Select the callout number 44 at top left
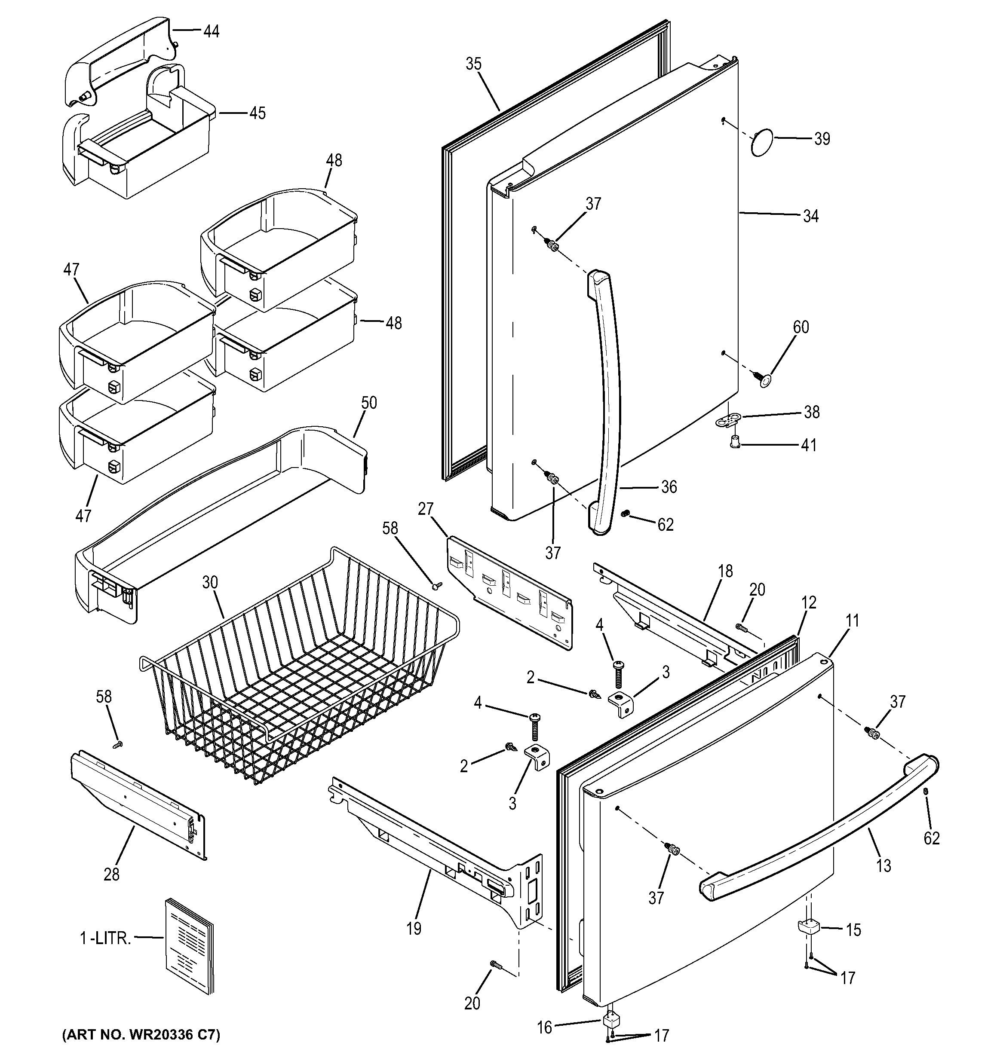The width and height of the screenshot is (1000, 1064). [211, 31]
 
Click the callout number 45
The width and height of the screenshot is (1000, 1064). [257, 113]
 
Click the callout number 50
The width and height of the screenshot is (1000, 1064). [369, 403]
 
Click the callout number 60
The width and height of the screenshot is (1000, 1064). [801, 327]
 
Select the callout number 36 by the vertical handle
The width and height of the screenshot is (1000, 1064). [669, 487]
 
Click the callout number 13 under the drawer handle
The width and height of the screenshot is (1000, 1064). [883, 865]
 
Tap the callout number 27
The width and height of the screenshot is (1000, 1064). [426, 509]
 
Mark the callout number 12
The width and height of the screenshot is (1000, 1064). [809, 602]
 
